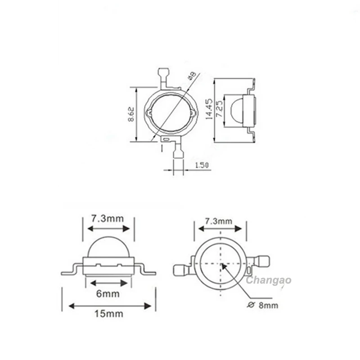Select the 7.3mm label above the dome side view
coord(108,219)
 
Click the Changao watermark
coord(269,280)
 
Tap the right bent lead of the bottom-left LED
coord(145,270)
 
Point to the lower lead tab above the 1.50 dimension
coord(178,153)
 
